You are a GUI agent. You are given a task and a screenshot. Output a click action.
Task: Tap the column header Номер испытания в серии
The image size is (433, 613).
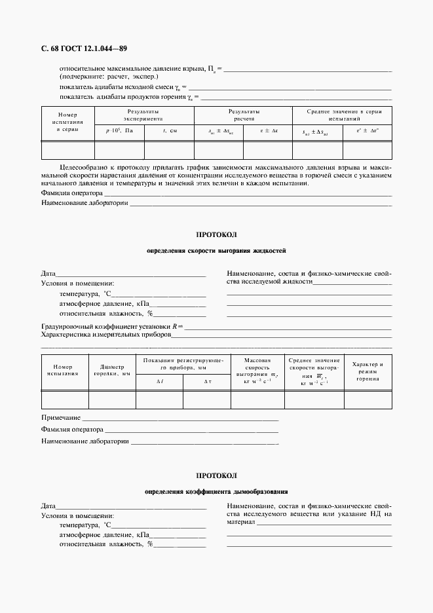tap(68, 121)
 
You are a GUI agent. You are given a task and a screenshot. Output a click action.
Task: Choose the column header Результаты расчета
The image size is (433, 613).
tap(244, 116)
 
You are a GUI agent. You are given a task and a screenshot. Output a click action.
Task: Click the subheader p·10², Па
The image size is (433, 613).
tap(119, 131)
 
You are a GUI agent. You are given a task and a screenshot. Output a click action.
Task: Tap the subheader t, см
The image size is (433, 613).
tap(170, 131)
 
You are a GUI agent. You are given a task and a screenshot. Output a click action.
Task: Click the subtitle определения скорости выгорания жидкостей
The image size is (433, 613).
tap(216, 251)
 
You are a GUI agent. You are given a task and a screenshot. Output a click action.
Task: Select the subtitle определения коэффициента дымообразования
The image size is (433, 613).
tap(216, 491)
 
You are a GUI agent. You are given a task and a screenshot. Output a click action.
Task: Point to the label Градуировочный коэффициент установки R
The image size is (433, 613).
tap(111, 325)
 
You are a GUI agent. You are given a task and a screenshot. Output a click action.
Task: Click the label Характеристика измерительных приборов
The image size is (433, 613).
tap(105, 334)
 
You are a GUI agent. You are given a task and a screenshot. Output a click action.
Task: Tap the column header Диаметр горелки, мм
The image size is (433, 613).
tap(111, 370)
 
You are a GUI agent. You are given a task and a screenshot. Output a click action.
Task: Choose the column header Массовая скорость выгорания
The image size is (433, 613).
tap(257, 370)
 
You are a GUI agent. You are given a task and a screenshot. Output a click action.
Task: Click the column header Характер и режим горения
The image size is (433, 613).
tap(367, 371)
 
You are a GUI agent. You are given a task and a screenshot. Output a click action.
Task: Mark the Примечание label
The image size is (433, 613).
tap(61, 417)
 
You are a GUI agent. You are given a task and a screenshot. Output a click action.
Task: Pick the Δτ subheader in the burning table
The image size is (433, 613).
tap(208, 381)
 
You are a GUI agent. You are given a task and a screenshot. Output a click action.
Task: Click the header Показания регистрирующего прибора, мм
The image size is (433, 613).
tap(183, 364)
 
